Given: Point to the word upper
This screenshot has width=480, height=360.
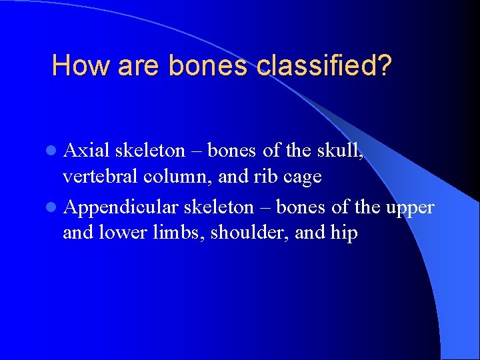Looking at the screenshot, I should [409, 209].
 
